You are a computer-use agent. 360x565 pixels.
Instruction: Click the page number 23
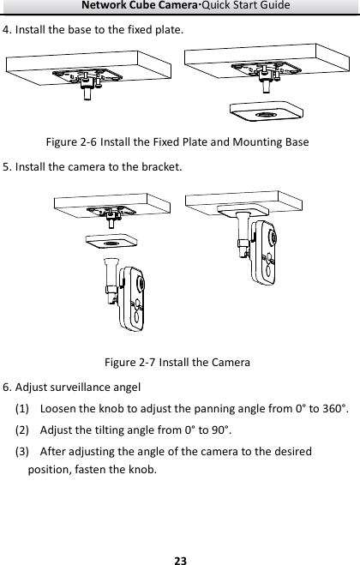(x=180, y=561)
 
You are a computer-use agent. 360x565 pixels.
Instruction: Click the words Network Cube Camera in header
(x=139, y=5)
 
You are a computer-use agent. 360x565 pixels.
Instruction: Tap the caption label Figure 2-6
(x=71, y=142)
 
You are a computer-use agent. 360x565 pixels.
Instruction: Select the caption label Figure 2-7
(x=129, y=362)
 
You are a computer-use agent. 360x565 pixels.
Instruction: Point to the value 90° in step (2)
(x=221, y=430)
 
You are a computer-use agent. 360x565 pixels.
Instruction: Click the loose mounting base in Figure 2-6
(x=267, y=111)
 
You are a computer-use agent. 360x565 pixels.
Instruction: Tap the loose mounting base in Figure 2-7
(x=111, y=242)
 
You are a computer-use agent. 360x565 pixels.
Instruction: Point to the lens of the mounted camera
(x=273, y=237)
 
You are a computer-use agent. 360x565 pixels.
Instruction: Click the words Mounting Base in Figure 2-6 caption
(x=271, y=142)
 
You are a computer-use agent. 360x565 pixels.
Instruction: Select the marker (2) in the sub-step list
(x=21, y=430)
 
